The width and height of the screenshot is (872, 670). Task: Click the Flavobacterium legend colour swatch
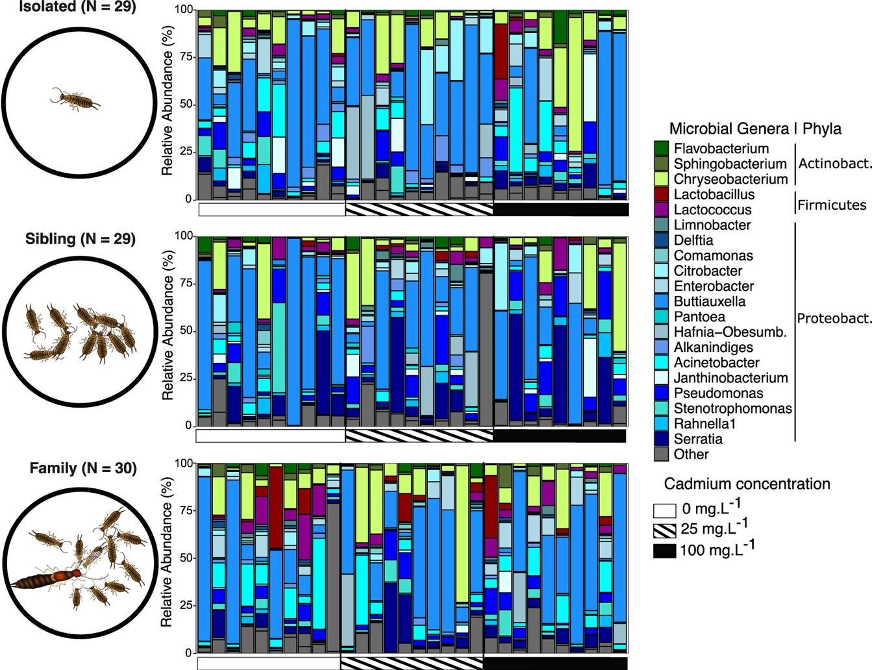click(x=661, y=149)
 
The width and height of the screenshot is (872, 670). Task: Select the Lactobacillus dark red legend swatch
click(x=661, y=194)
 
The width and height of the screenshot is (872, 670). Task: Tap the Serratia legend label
click(x=698, y=439)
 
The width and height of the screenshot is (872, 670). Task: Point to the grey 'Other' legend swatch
click(x=661, y=454)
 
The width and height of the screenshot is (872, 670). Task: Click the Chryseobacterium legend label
click(x=730, y=179)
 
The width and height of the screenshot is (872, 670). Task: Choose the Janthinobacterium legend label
click(x=730, y=378)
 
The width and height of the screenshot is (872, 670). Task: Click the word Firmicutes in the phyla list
click(x=832, y=205)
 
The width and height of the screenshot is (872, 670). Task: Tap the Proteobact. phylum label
click(x=834, y=318)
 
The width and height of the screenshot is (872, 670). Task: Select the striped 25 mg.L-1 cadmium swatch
click(x=664, y=529)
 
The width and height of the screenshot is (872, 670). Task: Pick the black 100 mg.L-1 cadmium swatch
click(x=664, y=551)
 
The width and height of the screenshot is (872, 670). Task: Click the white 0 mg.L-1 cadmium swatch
click(x=664, y=508)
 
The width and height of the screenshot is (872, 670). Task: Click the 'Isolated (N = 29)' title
click(x=77, y=8)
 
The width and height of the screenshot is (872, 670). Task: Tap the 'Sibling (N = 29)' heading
click(x=81, y=239)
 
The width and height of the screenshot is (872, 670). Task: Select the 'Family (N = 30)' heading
click(x=83, y=468)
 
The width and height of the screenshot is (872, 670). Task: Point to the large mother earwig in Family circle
click(x=49, y=578)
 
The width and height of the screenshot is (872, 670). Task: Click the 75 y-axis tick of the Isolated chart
click(x=186, y=57)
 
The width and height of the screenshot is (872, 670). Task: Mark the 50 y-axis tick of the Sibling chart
click(x=186, y=331)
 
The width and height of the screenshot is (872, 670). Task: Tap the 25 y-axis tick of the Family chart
click(x=186, y=606)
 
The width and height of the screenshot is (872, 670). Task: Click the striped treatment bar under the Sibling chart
click(x=419, y=435)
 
